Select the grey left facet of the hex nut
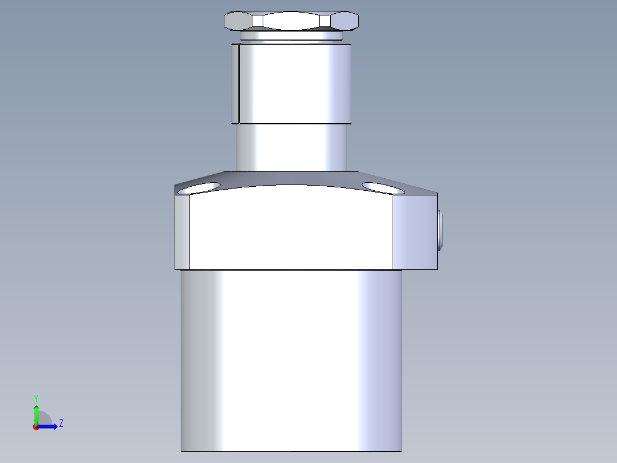click(238, 21)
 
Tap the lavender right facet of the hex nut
click(345, 21)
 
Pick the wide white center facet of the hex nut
click(291, 21)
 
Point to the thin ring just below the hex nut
click(291, 36)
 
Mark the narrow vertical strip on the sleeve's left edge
click(235, 83)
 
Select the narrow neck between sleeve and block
click(291, 147)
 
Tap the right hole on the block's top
click(382, 187)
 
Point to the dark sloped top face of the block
click(291, 179)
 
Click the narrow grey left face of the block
click(182, 232)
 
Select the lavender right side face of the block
click(415, 232)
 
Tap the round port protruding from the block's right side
click(440, 231)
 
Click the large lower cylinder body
click(291, 361)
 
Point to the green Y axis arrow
click(36, 413)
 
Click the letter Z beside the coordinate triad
click(61, 424)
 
